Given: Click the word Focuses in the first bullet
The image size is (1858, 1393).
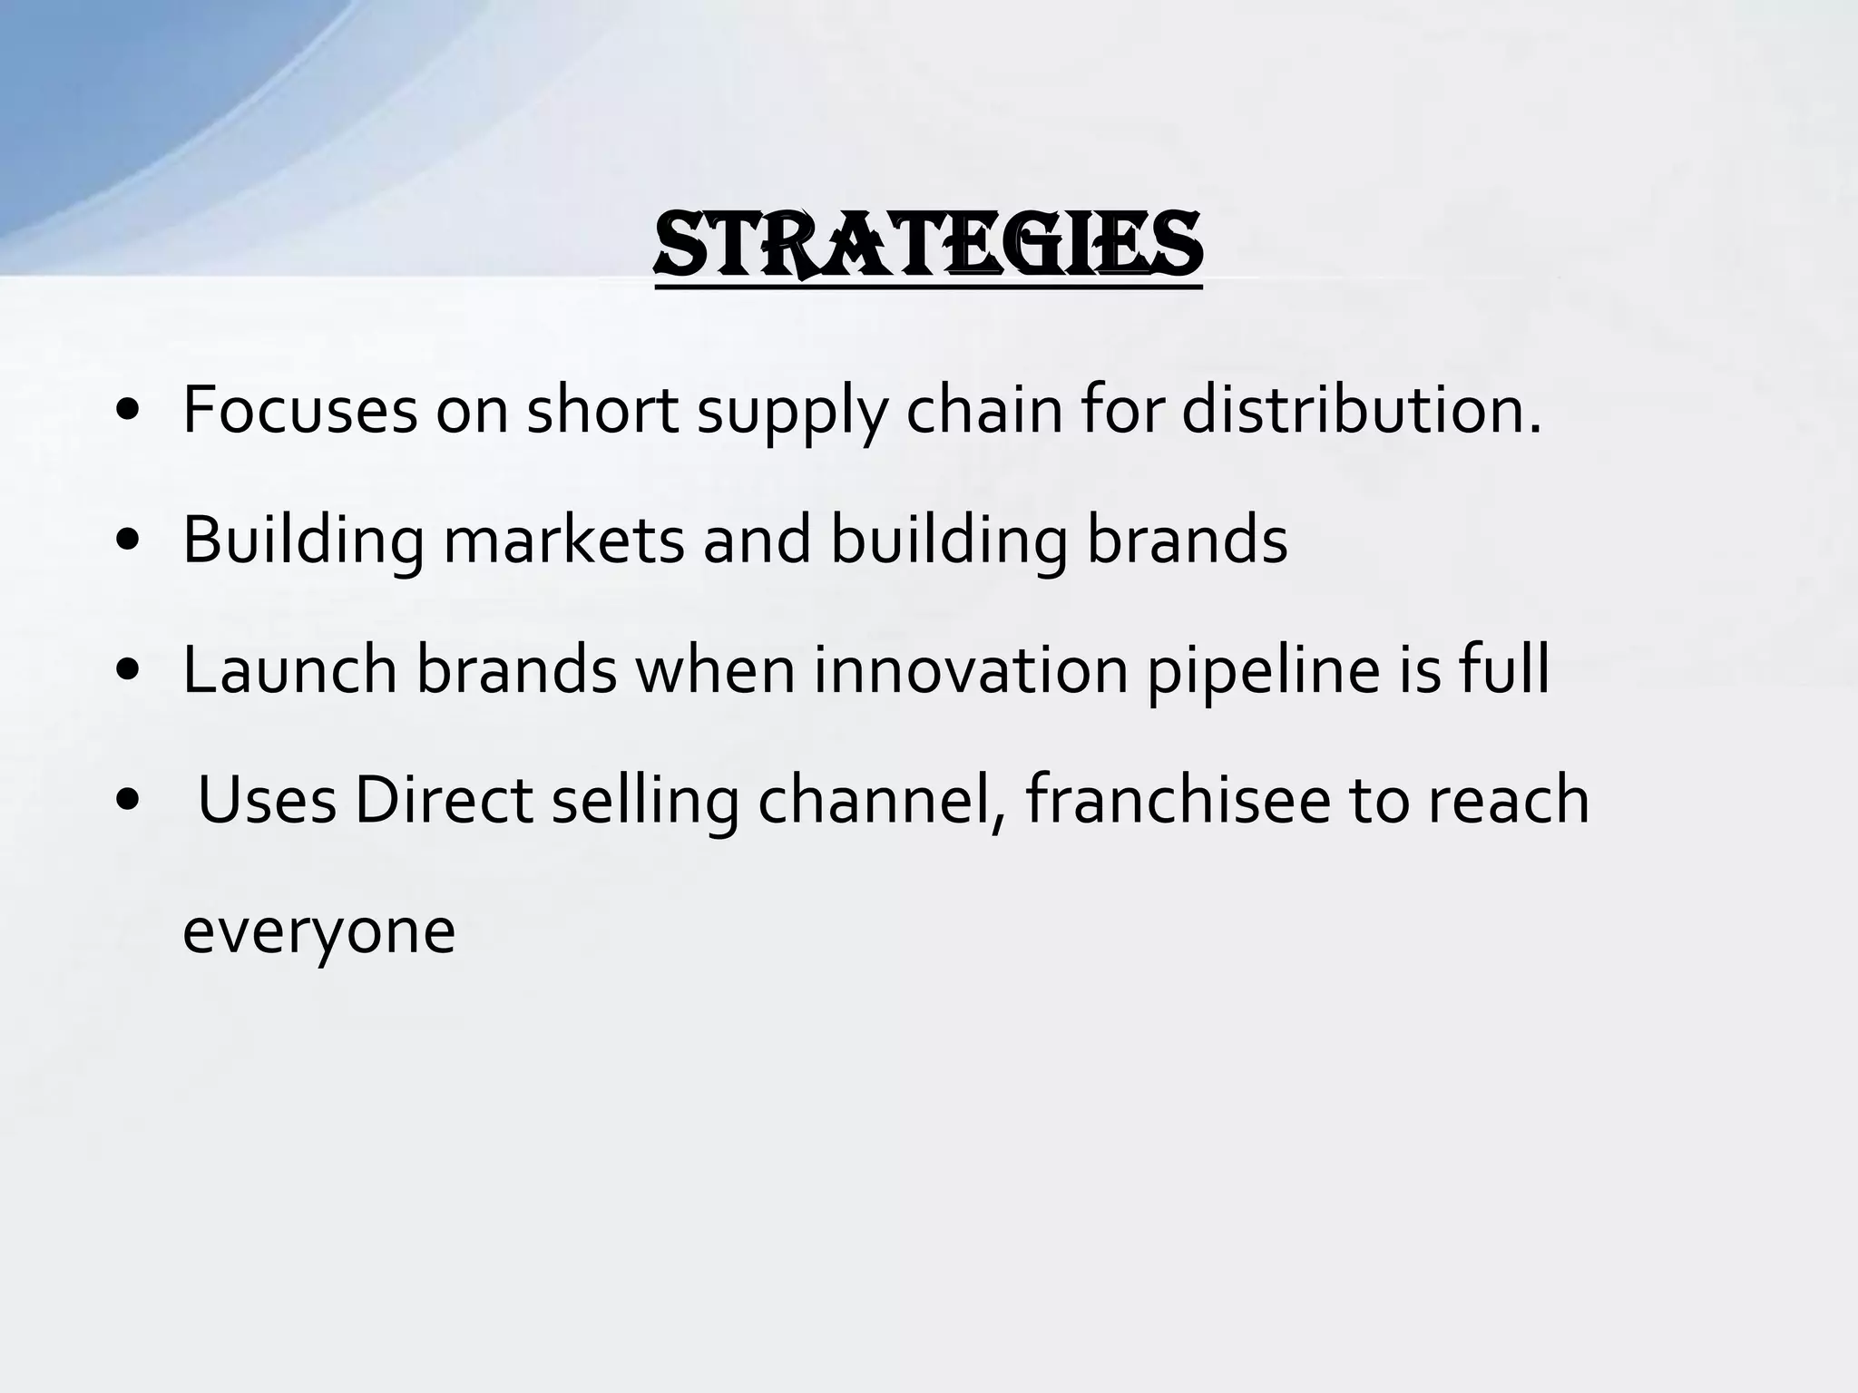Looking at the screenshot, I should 299,411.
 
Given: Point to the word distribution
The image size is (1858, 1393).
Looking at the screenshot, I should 1361,411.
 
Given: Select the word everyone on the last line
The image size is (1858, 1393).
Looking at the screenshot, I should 318,933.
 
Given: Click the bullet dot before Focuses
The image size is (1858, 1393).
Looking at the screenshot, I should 128,414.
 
